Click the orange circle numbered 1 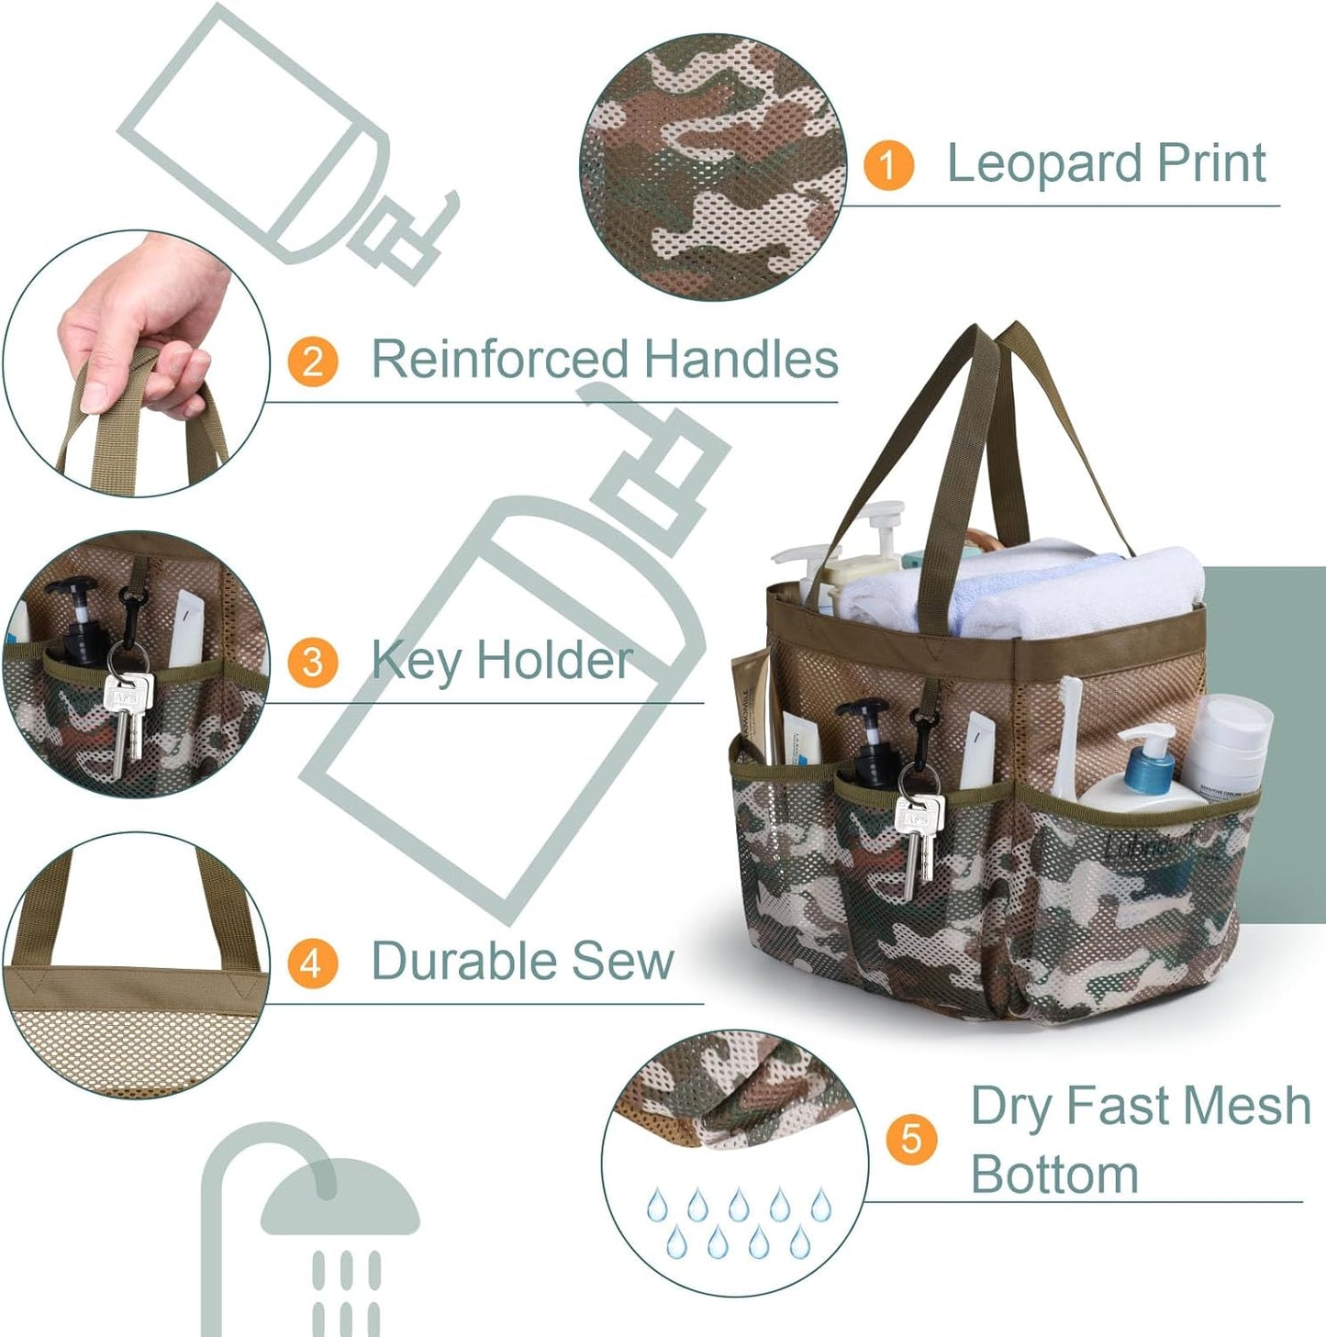(887, 165)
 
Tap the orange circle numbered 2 (312, 361)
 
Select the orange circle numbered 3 (312, 662)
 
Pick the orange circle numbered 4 (312, 964)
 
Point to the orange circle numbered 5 (911, 1139)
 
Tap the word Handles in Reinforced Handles (741, 359)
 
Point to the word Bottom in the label (1054, 1174)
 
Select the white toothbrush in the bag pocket (1068, 734)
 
